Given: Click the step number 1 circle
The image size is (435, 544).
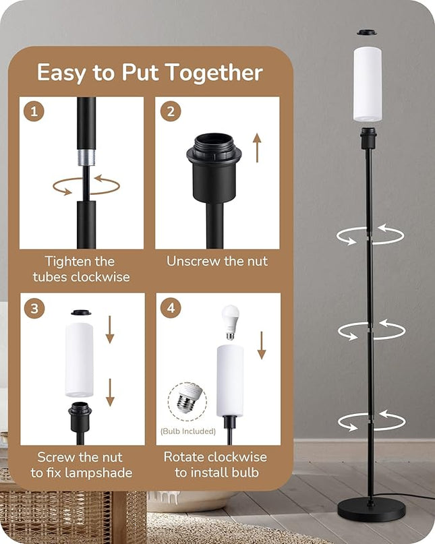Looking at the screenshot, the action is (x=34, y=111).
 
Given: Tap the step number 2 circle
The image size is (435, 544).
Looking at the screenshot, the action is (x=171, y=111).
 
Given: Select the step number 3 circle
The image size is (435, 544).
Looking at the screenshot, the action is (x=34, y=308).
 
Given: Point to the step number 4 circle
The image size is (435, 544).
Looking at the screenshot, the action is (x=171, y=307).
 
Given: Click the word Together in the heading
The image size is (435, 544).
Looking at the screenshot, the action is (x=214, y=73).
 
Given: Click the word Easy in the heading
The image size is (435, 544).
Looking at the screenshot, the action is (x=62, y=73).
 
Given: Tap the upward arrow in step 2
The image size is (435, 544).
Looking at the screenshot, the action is (x=257, y=148).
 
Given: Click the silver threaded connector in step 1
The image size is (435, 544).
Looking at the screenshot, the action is (x=86, y=157).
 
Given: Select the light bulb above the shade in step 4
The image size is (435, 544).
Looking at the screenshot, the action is (x=231, y=322).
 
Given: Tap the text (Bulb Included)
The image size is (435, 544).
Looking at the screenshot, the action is (x=187, y=431).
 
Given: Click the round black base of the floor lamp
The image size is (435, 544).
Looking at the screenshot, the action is (x=372, y=510).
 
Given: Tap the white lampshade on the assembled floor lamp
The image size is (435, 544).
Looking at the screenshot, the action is (x=368, y=84).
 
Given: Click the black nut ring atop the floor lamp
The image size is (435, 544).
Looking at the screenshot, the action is (x=367, y=32).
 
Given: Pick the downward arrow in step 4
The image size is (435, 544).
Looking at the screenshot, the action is (x=262, y=346).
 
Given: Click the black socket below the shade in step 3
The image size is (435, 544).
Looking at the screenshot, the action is (x=80, y=417).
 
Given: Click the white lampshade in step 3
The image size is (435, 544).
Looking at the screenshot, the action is (x=79, y=360).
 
